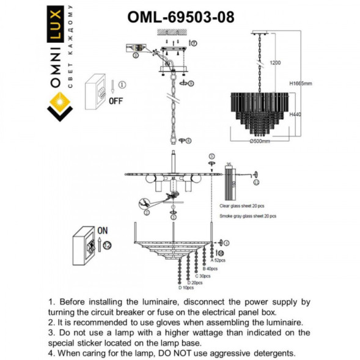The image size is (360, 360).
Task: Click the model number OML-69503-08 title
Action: [180, 17]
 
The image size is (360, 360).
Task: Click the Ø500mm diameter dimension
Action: [261, 141]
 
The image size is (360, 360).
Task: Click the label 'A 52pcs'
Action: [218, 261]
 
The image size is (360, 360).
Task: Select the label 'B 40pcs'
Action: [210, 268]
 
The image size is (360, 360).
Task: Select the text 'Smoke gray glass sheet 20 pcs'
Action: [248, 216]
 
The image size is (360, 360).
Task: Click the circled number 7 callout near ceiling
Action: [194, 44]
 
